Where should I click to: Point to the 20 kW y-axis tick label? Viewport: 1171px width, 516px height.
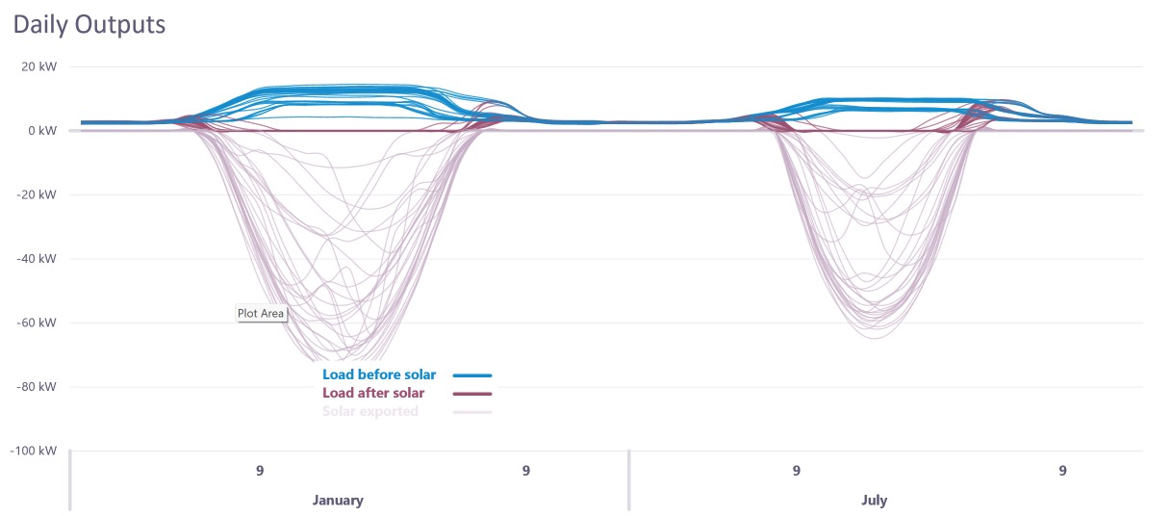coord(39,66)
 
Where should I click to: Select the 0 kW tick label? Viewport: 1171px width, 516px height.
coord(43,131)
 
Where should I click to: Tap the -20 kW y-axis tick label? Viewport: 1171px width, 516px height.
coord(38,194)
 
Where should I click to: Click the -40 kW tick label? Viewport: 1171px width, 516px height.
coord(38,259)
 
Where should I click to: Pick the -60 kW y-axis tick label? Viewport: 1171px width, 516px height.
coord(38,322)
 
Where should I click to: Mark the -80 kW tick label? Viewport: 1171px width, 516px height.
coord(38,387)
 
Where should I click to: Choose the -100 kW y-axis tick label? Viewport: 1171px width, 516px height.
coord(35,451)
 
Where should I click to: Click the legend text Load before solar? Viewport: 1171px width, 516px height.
coord(379,374)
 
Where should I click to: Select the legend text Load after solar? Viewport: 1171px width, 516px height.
coord(373,393)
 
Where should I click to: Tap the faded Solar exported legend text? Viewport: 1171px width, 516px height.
coord(370,411)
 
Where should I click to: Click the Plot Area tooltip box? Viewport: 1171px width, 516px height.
coord(262,313)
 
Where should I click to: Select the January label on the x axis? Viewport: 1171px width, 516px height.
coord(338,501)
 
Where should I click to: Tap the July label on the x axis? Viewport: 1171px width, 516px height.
coord(874,501)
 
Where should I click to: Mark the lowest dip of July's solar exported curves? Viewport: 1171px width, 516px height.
coord(872,338)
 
